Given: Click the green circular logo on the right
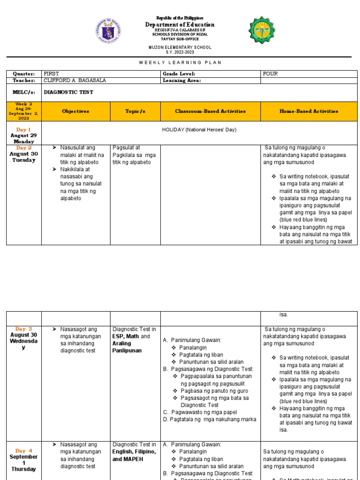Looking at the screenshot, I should tap(262, 30).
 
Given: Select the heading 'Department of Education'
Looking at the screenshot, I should tap(180, 24).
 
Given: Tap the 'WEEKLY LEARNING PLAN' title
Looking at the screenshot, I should tap(180, 62).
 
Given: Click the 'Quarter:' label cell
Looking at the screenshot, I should tap(24, 74).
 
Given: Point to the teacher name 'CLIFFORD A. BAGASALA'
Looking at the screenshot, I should tap(75, 80).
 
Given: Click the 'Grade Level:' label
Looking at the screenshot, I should tap(179, 74).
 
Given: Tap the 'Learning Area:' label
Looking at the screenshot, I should tap(181, 80).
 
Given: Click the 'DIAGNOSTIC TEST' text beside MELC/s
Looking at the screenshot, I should tap(68, 92).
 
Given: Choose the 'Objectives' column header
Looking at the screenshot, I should tap(75, 112).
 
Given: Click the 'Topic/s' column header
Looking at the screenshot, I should tap(135, 112).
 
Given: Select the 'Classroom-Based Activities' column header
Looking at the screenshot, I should tap(210, 112).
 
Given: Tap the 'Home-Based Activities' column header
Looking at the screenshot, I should tap(309, 112).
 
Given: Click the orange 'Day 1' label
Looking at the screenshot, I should tap(23, 129).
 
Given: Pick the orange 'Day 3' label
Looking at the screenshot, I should tap(23, 329).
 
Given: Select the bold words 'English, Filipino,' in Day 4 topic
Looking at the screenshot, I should tap(134, 452).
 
